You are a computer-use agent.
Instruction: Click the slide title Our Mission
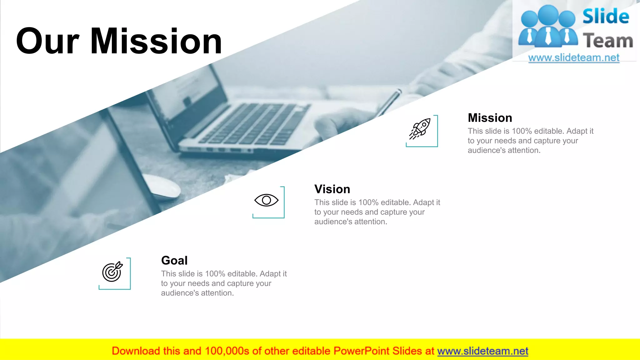[119, 41]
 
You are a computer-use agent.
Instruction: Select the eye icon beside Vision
[266, 200]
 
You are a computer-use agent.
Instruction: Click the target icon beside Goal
[112, 272]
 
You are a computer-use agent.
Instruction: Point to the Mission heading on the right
[490, 118]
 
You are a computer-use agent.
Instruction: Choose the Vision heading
[332, 189]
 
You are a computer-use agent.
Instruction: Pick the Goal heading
[174, 260]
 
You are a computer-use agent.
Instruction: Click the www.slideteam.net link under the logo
[573, 58]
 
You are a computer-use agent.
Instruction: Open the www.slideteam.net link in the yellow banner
[482, 351]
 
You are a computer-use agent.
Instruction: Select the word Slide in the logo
[606, 16]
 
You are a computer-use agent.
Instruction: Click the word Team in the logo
[608, 41]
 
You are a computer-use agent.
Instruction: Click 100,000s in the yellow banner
[227, 351]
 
